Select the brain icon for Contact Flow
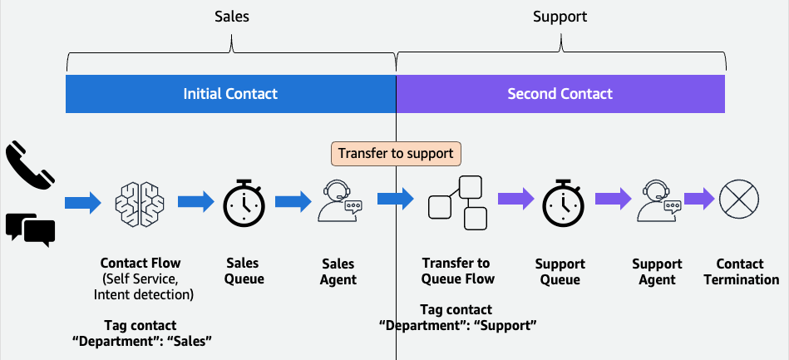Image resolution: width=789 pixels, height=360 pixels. click(140, 201)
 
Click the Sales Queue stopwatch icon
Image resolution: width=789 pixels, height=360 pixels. click(244, 201)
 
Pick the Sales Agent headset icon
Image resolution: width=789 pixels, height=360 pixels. click(340, 201)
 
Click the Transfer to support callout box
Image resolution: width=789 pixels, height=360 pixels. click(396, 154)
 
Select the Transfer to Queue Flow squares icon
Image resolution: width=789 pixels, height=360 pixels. click(456, 202)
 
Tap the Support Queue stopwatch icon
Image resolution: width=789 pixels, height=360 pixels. click(564, 201)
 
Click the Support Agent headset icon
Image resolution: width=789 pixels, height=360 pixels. click(658, 201)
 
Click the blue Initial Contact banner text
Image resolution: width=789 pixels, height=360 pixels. click(230, 94)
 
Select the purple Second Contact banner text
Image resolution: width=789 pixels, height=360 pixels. click(560, 94)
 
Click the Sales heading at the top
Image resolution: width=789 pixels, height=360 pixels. click(230, 17)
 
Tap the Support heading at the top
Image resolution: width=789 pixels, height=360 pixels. click(560, 17)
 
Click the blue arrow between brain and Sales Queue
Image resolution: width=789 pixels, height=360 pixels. click(195, 200)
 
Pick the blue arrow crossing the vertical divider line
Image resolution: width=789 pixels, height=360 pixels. click(395, 200)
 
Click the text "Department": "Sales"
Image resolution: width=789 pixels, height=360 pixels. click(141, 339)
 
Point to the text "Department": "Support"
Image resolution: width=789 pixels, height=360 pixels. click(456, 324)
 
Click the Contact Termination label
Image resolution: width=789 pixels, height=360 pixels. click(741, 272)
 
